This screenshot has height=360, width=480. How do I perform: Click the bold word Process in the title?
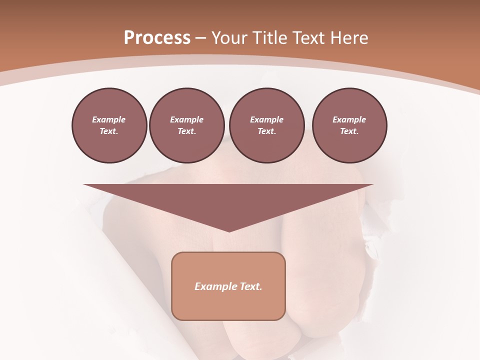[x=157, y=38]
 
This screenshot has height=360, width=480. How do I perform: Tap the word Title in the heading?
[x=268, y=38]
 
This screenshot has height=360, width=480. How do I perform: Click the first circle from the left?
[x=109, y=125]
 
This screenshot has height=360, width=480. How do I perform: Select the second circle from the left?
[x=186, y=125]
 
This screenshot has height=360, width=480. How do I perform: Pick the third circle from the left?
[x=266, y=125]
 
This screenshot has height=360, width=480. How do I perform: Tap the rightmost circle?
[x=349, y=125]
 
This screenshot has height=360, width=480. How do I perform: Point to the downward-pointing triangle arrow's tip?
[x=229, y=230]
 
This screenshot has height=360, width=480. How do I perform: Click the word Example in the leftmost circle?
[x=109, y=119]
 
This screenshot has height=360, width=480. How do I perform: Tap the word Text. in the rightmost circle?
[x=349, y=131]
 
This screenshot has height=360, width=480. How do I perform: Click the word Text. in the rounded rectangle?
[x=251, y=286]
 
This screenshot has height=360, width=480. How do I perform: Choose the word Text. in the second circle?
[x=186, y=131]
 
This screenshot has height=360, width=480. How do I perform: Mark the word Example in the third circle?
[x=266, y=119]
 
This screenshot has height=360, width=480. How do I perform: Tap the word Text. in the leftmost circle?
[x=109, y=131]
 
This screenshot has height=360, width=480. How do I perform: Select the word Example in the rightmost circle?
[x=349, y=119]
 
